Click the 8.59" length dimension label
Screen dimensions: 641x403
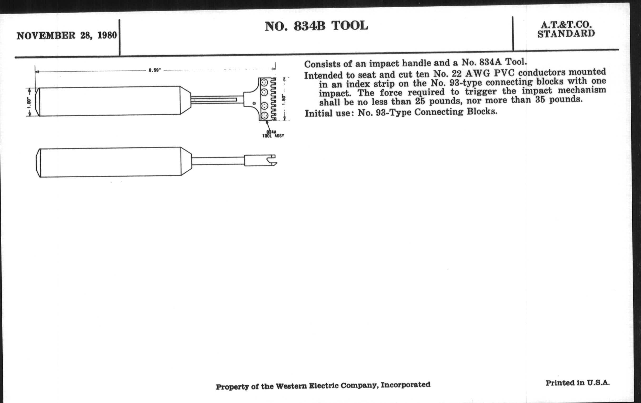click(155, 70)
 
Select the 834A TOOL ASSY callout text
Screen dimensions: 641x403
click(273, 134)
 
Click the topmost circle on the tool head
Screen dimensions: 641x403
click(265, 82)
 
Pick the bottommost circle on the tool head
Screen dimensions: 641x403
click(265, 116)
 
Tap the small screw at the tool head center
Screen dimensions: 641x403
click(254, 103)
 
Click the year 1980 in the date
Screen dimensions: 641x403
click(107, 35)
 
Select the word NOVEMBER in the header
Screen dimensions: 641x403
click(46, 36)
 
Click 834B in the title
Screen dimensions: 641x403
click(310, 26)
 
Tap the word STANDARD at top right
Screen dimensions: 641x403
click(566, 34)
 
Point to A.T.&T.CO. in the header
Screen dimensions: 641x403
click(566, 25)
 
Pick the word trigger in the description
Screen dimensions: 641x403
click(481, 92)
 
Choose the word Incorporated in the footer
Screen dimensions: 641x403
click(405, 385)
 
